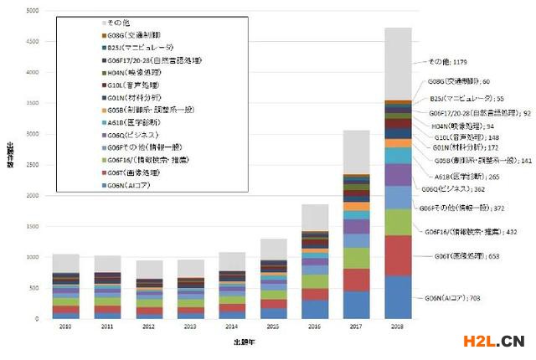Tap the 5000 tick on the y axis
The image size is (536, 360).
[33, 11]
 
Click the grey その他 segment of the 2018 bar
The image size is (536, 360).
[398, 64]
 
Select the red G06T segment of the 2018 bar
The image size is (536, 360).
[398, 255]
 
